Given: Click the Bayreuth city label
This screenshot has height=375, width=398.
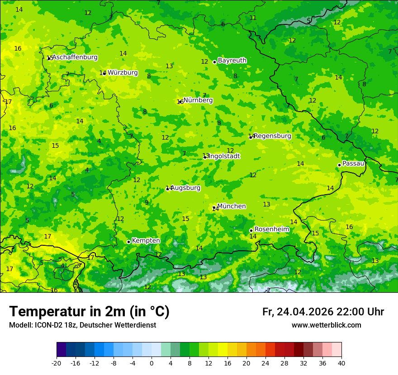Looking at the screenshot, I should pyautogui.click(x=232, y=61).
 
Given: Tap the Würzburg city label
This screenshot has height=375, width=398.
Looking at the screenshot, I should pyautogui.click(x=123, y=73).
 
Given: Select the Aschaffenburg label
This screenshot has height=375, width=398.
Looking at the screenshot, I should pyautogui.click(x=75, y=57).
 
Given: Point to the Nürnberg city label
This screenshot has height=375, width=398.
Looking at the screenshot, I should pyautogui.click(x=198, y=100).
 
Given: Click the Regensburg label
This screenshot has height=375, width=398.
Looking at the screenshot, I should pyautogui.click(x=272, y=136).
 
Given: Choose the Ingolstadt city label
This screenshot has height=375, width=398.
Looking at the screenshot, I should pyautogui.click(x=224, y=156).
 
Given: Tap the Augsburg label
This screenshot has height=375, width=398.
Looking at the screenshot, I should pyautogui.click(x=185, y=188).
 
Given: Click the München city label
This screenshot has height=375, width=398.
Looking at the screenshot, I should pyautogui.click(x=232, y=206).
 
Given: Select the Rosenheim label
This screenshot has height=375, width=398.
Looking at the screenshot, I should pyautogui.click(x=271, y=230).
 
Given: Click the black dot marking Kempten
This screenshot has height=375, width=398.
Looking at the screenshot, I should pyautogui.click(x=128, y=242).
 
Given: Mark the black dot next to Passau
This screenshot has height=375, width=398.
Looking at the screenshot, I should pyautogui.click(x=339, y=165).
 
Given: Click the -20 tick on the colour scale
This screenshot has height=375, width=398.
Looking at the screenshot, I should pyautogui.click(x=57, y=363).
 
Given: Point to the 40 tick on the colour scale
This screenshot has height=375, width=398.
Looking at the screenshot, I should pyautogui.click(x=341, y=363).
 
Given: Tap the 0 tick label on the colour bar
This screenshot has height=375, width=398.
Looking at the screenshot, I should pyautogui.click(x=152, y=363).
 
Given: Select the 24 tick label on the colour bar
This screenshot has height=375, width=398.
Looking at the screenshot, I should pyautogui.click(x=265, y=363).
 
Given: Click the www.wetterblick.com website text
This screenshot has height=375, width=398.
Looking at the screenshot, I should pyautogui.click(x=326, y=325).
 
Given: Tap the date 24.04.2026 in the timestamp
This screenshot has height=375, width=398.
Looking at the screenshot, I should pyautogui.click(x=305, y=312).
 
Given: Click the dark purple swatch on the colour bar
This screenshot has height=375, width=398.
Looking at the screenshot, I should pyautogui.click(x=61, y=350).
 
